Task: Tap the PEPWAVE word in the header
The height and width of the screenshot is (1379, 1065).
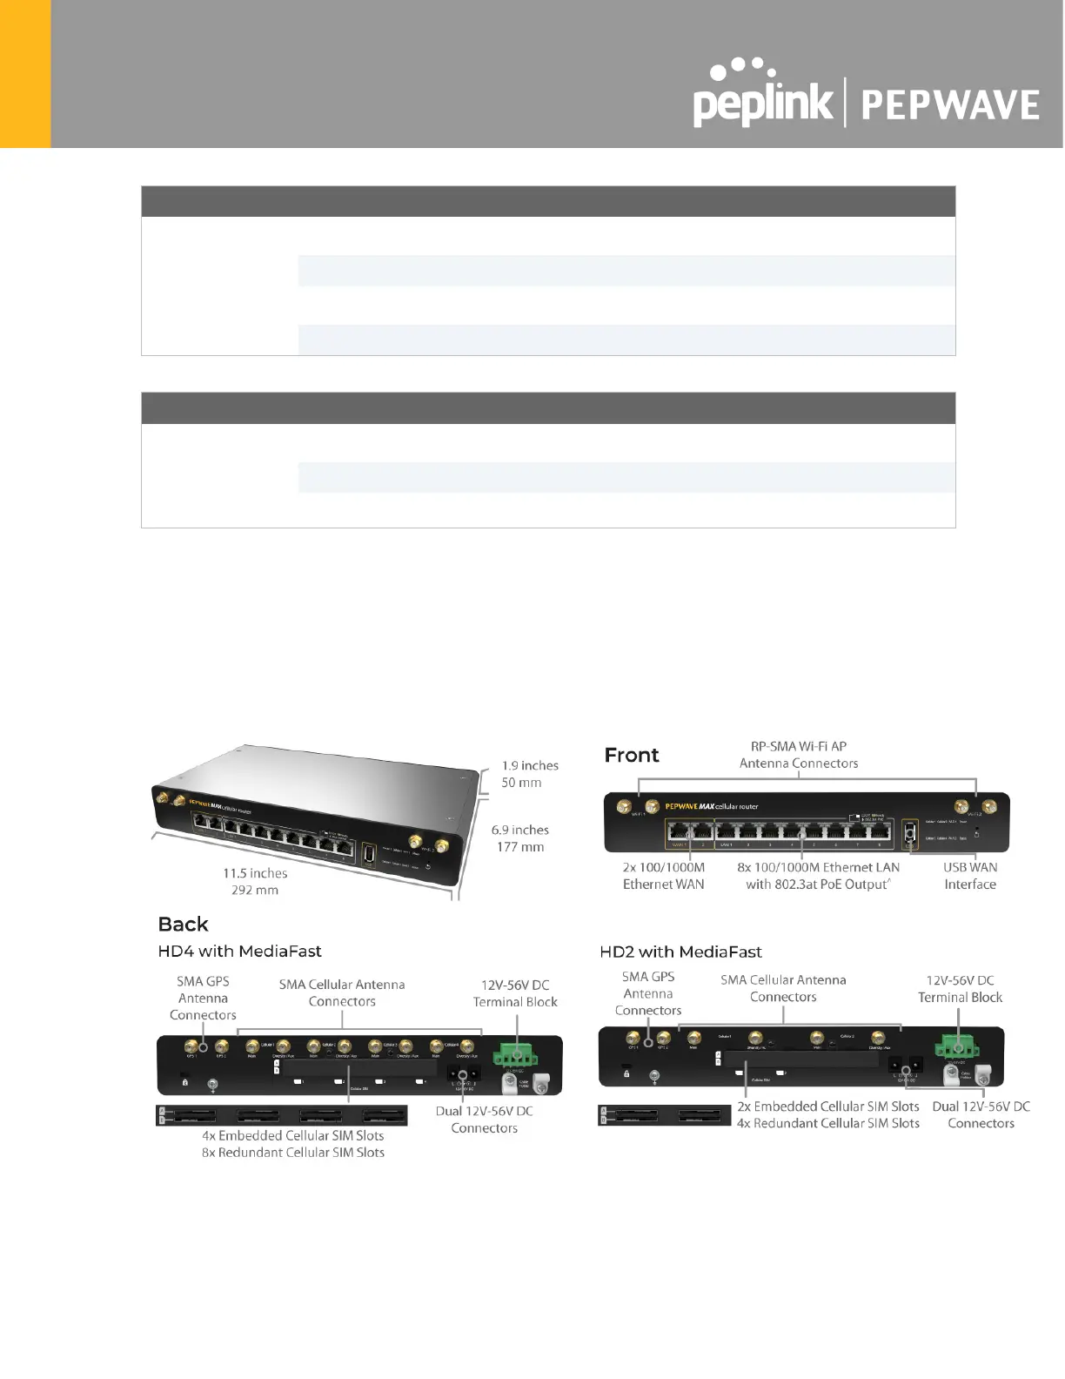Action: pyautogui.click(x=950, y=106)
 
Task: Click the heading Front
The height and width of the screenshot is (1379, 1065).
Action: pyautogui.click(x=632, y=755)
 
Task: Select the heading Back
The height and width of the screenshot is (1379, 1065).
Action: pyautogui.click(x=183, y=924)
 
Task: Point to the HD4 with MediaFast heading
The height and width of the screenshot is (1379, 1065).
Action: pyautogui.click(x=239, y=952)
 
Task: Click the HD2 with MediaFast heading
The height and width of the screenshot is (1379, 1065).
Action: pyautogui.click(x=680, y=952)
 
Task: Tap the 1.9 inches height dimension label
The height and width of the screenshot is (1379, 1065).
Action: pyautogui.click(x=530, y=765)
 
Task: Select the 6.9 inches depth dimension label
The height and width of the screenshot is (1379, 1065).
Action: pyautogui.click(x=519, y=830)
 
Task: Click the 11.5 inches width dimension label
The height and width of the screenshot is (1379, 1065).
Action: pyautogui.click(x=255, y=873)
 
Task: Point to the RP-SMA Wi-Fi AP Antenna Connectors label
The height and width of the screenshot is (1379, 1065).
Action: pyautogui.click(x=799, y=755)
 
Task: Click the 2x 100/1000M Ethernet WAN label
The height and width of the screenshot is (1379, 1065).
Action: pyautogui.click(x=663, y=876)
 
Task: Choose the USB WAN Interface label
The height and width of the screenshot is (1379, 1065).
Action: pyautogui.click(x=970, y=876)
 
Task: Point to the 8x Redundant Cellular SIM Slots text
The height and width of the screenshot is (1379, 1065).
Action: pyautogui.click(x=293, y=1153)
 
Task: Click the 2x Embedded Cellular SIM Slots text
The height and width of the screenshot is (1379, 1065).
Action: pyautogui.click(x=827, y=1107)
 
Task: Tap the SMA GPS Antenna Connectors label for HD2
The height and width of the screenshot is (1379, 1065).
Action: pyautogui.click(x=648, y=993)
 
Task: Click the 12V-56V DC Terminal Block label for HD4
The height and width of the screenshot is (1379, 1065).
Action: pyautogui.click(x=515, y=993)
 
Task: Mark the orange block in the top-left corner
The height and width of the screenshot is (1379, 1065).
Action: pyautogui.click(x=25, y=73)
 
